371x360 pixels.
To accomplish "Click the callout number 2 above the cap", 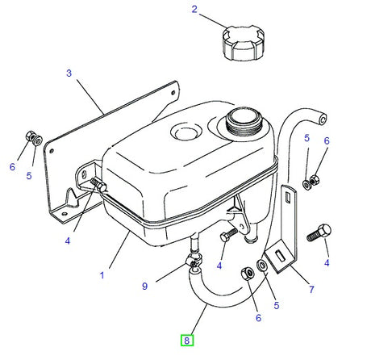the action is point(194,10).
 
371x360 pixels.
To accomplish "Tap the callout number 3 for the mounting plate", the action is point(69,73).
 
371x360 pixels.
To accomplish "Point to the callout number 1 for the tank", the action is point(102,275).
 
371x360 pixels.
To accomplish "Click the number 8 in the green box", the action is point(187,341).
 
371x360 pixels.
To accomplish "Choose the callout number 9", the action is point(145,286).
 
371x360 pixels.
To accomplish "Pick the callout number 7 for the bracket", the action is point(311,290).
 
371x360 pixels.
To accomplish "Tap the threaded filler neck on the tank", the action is point(244,122).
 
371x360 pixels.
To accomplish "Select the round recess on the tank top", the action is point(186,132).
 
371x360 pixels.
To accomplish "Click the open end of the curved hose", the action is point(323,119).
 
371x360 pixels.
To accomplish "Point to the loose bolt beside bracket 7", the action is point(319,233).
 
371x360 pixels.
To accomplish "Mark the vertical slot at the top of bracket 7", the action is point(288,197).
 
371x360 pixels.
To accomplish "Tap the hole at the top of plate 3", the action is point(173,93).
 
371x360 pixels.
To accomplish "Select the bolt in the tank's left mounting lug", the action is point(98,185).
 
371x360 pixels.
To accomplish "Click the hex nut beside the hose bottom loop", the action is point(248,274).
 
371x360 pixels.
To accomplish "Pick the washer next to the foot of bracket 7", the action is point(262,266).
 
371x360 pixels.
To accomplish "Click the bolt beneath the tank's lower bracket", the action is point(228,234).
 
